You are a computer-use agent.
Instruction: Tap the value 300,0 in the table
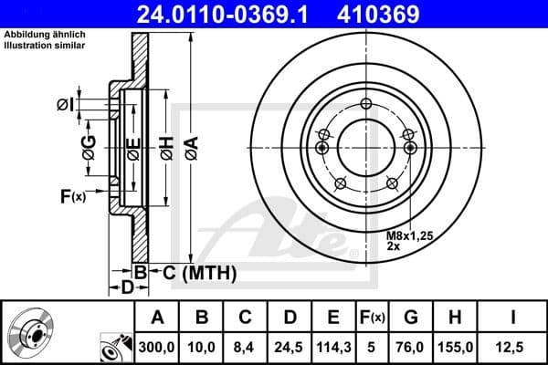158,347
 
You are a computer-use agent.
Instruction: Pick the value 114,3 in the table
332,347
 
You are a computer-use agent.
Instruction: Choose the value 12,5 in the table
515,347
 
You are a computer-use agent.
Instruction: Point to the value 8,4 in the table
246,347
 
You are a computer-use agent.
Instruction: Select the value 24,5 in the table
290,347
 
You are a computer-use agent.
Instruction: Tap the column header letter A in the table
158,318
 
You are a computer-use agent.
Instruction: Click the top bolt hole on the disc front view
366,102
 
